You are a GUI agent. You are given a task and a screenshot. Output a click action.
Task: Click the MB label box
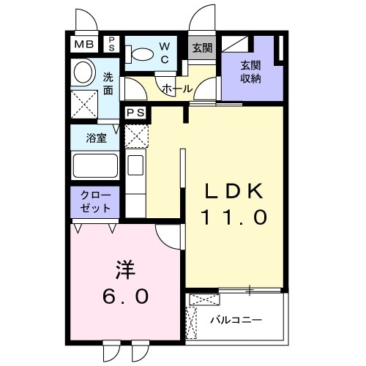coord(84,45)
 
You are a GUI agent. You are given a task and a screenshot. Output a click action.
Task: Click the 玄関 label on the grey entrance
coord(202,48)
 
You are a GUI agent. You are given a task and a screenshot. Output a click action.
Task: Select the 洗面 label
coord(108,82)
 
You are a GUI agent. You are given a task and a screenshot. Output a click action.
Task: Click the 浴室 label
coord(96,137)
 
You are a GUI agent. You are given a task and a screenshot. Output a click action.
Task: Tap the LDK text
coord(232,191)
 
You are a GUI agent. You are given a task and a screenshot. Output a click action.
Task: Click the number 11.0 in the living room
coord(232,217)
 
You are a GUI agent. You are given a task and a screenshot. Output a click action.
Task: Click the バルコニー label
coord(236,320)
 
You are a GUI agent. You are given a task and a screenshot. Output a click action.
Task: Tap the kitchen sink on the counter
coord(136,164)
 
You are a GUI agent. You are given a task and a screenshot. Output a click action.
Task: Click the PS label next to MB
coord(113,43)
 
